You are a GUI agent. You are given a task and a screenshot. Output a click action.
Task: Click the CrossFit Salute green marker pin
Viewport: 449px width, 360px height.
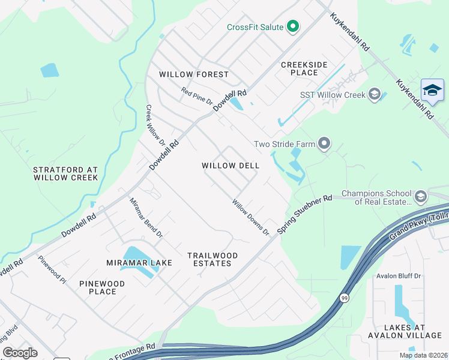click(x=293, y=26)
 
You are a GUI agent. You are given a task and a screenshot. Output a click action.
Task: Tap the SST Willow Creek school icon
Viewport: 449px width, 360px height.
click(x=375, y=95)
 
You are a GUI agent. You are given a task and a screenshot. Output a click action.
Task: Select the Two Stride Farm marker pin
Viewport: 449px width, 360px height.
click(x=324, y=143)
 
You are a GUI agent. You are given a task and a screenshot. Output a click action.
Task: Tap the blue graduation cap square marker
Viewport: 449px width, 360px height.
click(x=432, y=91)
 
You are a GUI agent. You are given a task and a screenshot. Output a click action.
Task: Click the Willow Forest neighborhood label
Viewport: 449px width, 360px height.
click(x=194, y=74)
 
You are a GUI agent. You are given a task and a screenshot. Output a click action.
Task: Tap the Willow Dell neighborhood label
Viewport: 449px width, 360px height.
click(x=231, y=166)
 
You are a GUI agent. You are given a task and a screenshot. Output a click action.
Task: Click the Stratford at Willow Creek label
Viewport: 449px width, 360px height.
click(x=65, y=174)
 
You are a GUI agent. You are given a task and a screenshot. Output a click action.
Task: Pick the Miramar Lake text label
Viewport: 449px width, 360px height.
click(x=139, y=263)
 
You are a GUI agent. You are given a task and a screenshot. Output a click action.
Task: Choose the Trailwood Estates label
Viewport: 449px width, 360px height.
click(x=212, y=259)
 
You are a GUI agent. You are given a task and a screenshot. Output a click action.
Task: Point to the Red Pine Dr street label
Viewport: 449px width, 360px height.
click(x=197, y=96)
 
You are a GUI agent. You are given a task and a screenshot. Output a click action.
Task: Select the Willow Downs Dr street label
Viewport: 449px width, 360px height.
click(x=251, y=217)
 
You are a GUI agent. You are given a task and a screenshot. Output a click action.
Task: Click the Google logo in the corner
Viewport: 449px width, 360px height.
click(x=20, y=353)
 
